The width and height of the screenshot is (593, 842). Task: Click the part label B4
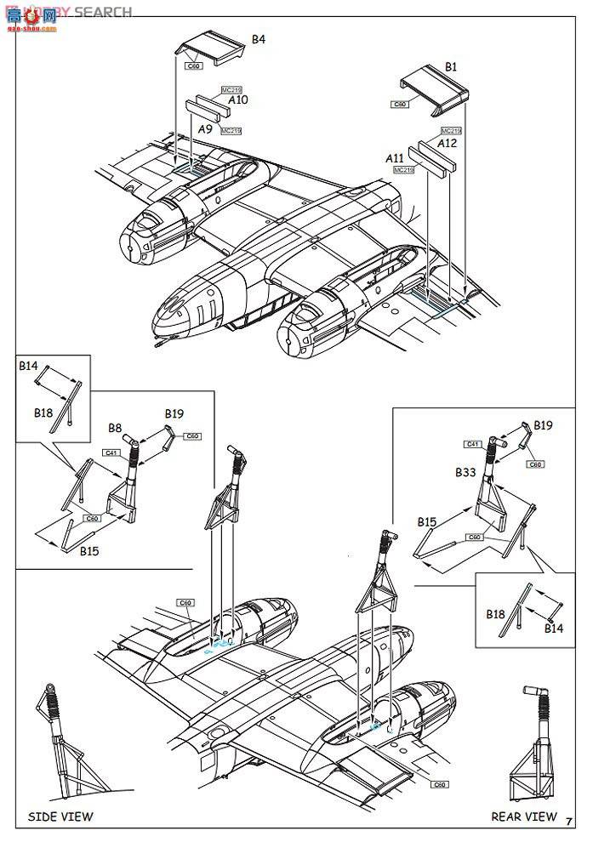point(259,39)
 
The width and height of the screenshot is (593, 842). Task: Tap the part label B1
point(451,66)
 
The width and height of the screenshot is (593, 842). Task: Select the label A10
point(237,100)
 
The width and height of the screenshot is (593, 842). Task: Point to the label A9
point(205,128)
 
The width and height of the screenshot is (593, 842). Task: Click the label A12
point(448,143)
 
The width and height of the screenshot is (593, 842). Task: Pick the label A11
point(395,158)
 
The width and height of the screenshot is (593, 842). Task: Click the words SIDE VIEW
point(60,816)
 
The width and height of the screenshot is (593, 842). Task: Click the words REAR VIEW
point(524,816)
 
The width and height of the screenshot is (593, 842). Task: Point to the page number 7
point(568,819)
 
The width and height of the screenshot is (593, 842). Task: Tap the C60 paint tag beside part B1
point(400,105)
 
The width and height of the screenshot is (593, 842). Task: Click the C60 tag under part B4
point(194,65)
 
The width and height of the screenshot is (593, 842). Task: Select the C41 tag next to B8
point(111,452)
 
